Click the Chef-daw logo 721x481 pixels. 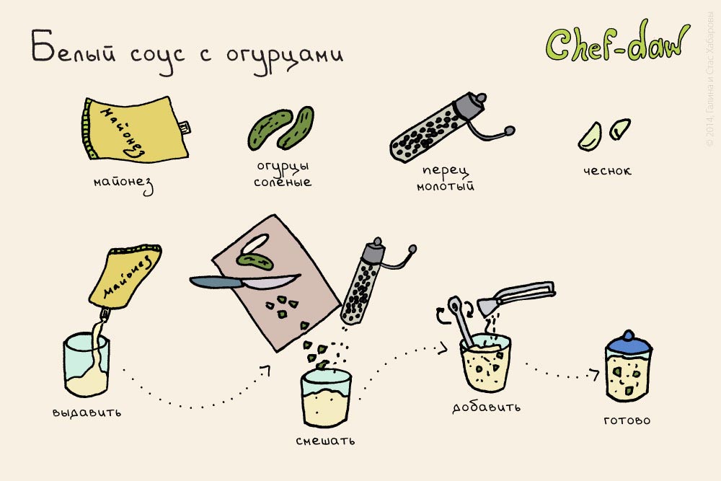(616, 45)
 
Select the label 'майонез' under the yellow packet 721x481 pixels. (124, 183)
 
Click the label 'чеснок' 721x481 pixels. (608, 171)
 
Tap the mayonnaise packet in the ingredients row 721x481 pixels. (133, 130)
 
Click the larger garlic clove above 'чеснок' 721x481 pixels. (590, 136)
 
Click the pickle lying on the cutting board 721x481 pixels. (256, 257)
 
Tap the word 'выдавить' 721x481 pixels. (87, 413)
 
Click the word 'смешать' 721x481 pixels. (325, 439)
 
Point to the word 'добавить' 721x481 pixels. (487, 407)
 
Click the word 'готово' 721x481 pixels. (627, 420)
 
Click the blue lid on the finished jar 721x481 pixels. (627, 343)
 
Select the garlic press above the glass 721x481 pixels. (519, 295)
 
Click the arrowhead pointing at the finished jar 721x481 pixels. (595, 374)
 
